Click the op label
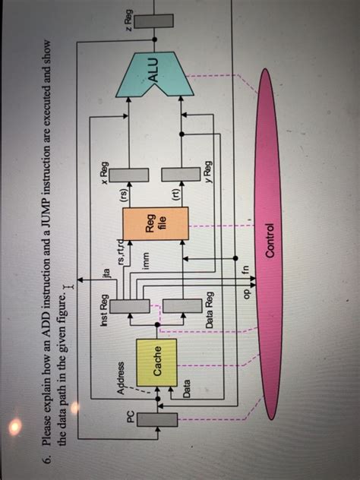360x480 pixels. [245, 293]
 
